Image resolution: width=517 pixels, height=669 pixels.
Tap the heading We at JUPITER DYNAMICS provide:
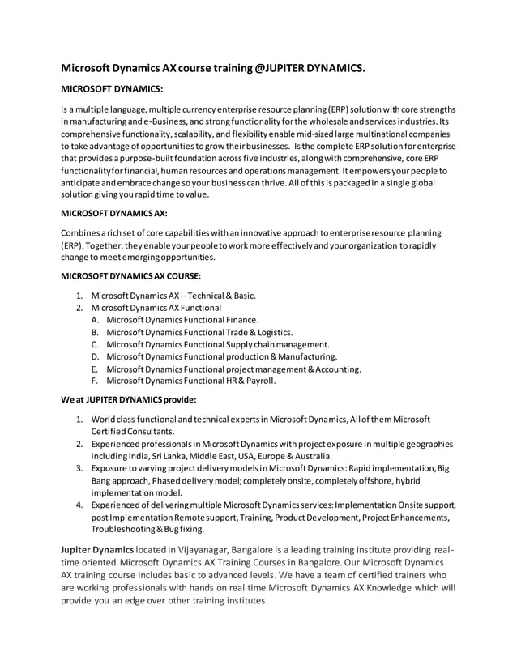pos(129,398)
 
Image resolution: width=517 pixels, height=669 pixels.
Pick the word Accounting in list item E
pos(331,369)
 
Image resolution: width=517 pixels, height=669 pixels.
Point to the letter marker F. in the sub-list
pos(96,381)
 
